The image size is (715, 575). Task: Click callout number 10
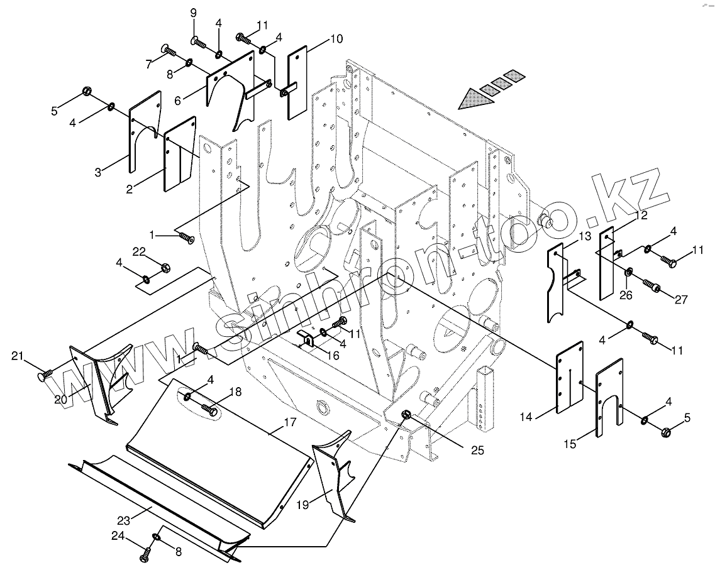tap(336, 39)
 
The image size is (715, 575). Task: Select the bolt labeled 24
tap(145, 556)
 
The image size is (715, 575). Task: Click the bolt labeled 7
tap(168, 50)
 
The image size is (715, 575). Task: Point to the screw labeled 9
tap(198, 41)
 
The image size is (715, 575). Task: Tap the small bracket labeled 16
tap(308, 339)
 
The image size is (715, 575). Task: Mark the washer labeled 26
tap(628, 271)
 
